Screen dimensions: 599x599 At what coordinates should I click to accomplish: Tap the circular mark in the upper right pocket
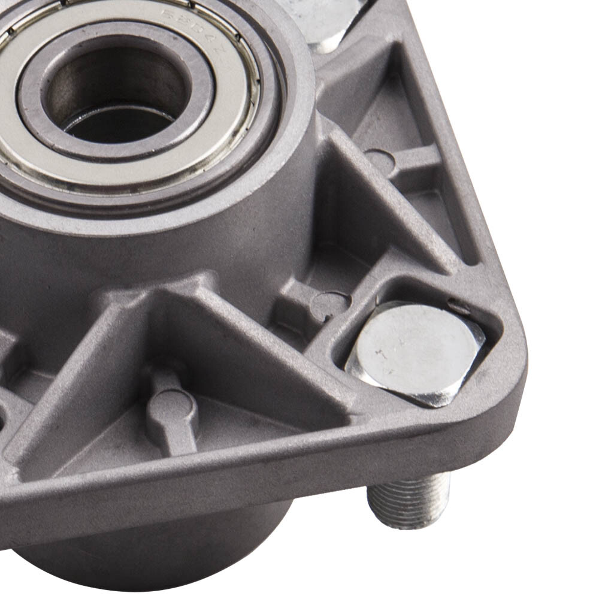tap(380, 161)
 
